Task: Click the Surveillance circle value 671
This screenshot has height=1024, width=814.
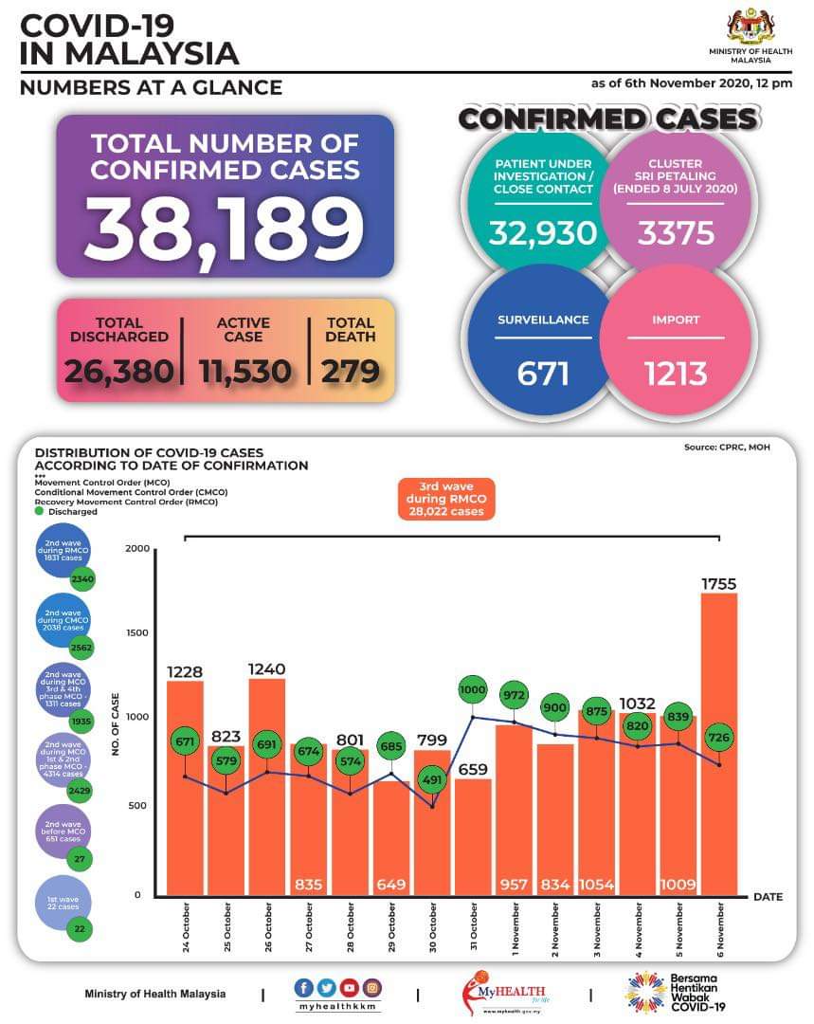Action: pyautogui.click(x=543, y=374)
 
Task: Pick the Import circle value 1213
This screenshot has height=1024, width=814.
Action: pyautogui.click(x=675, y=374)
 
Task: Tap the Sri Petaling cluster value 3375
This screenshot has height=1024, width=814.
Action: pyautogui.click(x=675, y=233)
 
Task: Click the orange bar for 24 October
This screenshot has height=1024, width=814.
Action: pyautogui.click(x=185, y=787)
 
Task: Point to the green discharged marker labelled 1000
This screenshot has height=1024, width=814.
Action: pyautogui.click(x=473, y=690)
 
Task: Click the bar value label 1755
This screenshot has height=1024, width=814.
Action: pyautogui.click(x=719, y=584)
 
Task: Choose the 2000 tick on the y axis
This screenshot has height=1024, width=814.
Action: pyautogui.click(x=137, y=550)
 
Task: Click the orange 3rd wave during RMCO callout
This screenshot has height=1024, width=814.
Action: pyautogui.click(x=444, y=498)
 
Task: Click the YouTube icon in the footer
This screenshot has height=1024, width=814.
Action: pyautogui.click(x=348, y=988)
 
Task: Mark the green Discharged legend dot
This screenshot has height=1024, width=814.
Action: pyautogui.click(x=39, y=512)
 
